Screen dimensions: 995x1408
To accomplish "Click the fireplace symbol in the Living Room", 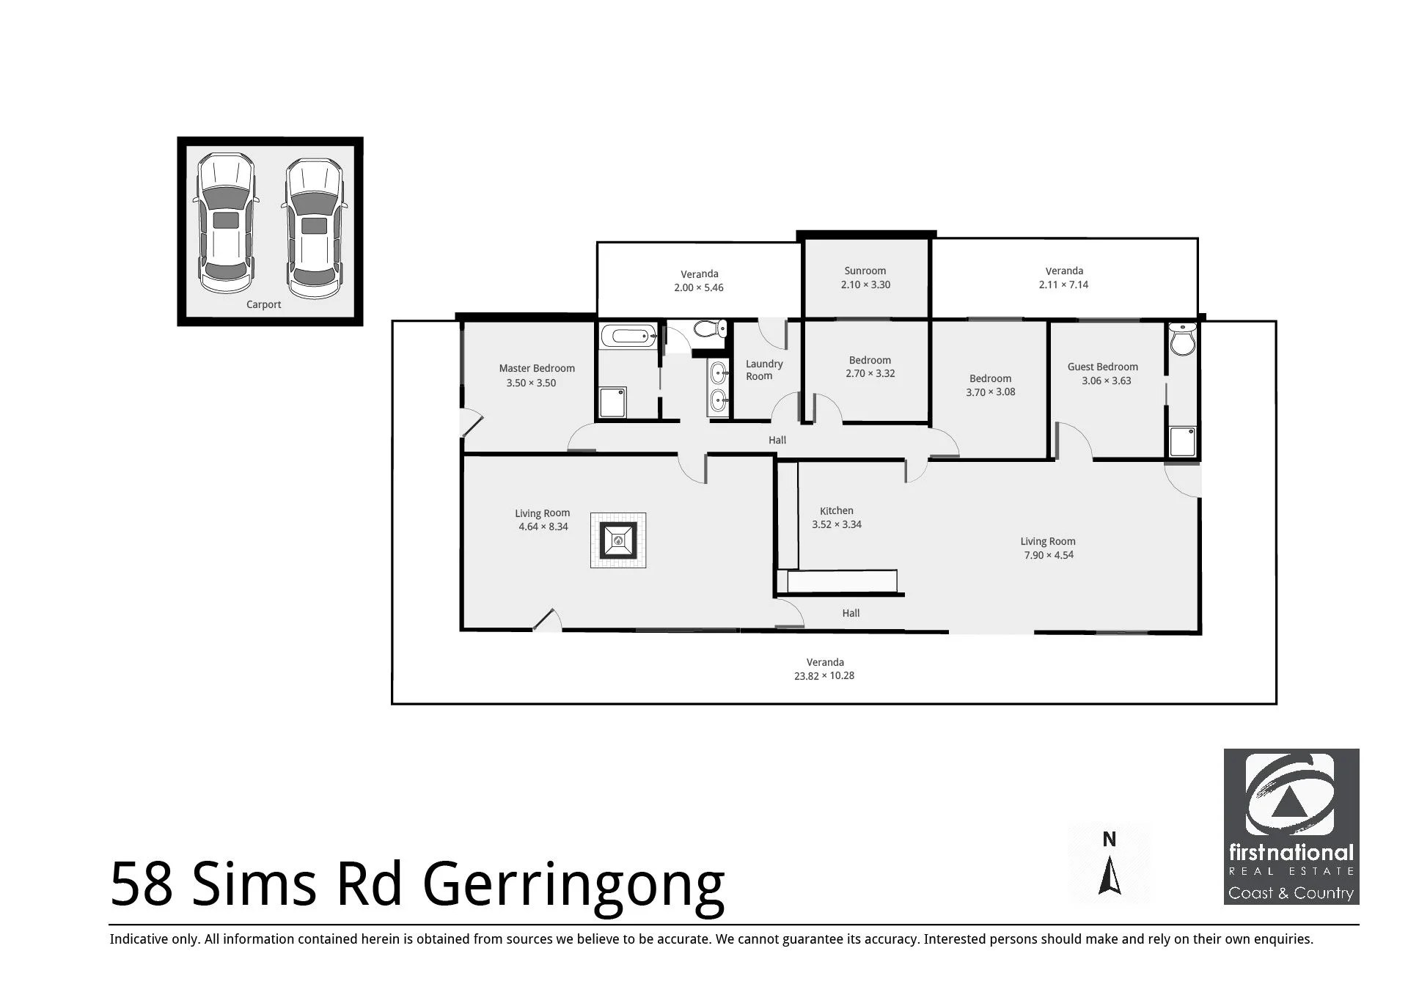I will [x=618, y=540].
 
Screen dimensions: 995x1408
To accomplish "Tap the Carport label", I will [x=263, y=304].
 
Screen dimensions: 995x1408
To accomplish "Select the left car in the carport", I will [x=225, y=223].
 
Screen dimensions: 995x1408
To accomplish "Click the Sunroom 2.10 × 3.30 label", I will [x=865, y=278].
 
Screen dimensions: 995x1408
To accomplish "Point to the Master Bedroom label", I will [x=537, y=369].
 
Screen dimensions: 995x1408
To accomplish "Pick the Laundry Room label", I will [x=763, y=370].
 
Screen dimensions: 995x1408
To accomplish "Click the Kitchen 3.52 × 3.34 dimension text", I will [x=837, y=524].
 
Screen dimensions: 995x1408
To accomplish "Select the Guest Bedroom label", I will [x=1102, y=367].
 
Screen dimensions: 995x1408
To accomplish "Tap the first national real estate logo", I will [x=1291, y=826].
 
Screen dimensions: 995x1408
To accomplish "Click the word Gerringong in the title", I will [x=573, y=885].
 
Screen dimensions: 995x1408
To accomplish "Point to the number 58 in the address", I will [x=142, y=884].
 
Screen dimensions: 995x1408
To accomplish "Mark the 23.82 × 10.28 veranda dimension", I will [x=824, y=676].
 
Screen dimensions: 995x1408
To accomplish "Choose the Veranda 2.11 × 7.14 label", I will [x=1063, y=278].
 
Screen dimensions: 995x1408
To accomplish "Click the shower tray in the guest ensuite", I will [x=1182, y=441].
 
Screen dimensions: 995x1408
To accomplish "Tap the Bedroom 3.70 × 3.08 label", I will [x=990, y=385].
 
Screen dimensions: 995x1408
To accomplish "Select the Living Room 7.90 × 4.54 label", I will [x=1048, y=548].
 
